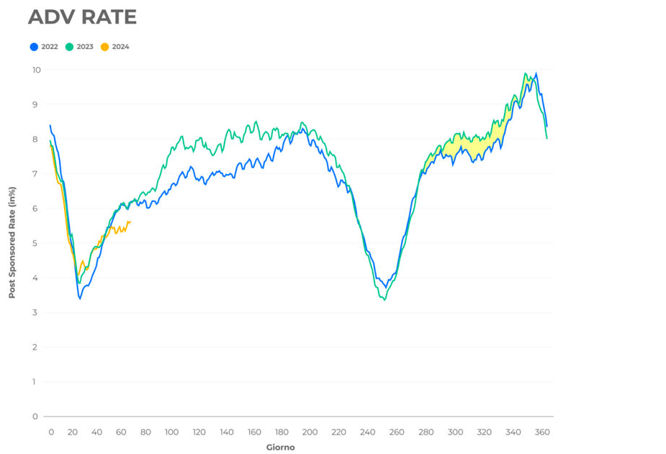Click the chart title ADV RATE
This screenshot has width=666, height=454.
(81, 17)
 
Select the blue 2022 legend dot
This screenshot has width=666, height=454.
(34, 47)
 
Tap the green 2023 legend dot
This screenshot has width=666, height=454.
(69, 47)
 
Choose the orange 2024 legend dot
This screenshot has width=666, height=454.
(104, 47)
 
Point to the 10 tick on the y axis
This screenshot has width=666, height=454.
(36, 70)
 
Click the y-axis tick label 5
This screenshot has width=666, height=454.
(35, 243)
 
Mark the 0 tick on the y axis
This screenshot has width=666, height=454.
(35, 417)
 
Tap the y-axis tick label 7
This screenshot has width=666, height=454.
(35, 174)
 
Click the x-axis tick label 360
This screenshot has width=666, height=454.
(542, 432)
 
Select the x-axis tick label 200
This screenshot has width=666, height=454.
(310, 432)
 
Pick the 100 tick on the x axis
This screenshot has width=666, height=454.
(171, 432)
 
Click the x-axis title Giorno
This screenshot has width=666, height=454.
(281, 448)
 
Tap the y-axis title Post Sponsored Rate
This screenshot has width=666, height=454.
(12, 242)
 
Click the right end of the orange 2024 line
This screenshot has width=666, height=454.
(130, 222)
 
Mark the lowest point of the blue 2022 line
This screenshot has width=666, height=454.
(80, 298)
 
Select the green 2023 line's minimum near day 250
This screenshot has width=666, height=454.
(385, 299)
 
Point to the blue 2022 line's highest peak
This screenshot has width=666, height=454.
(536, 73)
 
